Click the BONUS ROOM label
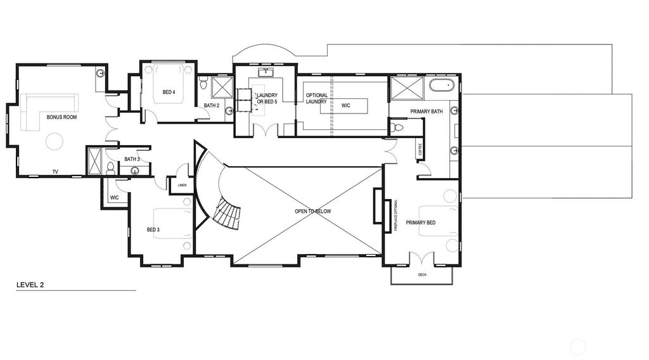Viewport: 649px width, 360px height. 62,117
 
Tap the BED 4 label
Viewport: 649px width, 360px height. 169,93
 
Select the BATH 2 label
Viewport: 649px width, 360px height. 212,106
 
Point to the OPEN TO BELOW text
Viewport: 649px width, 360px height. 312,211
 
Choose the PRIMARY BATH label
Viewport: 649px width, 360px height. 426,112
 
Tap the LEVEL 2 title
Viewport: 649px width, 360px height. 30,285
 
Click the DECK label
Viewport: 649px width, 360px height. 422,275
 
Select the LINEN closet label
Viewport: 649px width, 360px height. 181,186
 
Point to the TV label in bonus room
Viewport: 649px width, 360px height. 55,171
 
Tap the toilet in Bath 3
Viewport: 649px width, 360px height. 111,168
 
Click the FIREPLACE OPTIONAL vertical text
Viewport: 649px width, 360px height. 395,215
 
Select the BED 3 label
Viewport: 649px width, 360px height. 154,229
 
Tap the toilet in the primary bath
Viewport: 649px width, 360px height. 397,127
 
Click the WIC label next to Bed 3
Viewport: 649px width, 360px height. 114,197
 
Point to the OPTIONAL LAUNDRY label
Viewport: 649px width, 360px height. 317,99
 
